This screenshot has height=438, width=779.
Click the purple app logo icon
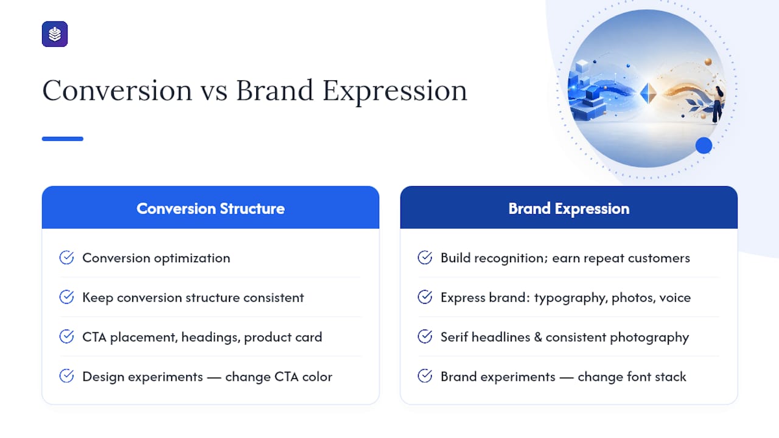55,34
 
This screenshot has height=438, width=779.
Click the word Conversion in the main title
117,91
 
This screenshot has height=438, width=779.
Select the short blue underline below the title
63,139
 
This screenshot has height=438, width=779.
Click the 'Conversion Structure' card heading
211,209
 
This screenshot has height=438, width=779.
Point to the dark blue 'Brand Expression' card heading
568,209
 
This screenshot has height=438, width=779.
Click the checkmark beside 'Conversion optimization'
66,257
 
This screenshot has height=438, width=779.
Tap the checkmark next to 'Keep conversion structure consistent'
66,297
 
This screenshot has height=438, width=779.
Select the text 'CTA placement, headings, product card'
202,337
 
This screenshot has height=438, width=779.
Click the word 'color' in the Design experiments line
317,377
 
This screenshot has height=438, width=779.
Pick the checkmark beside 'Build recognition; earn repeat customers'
425,257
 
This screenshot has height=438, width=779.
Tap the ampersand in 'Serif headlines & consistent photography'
537,337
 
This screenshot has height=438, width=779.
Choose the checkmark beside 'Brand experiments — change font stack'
425,376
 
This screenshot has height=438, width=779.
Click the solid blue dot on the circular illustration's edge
704,145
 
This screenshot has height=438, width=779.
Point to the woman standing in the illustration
718,104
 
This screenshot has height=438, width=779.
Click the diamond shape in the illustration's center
648,93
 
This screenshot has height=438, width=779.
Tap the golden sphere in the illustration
708,62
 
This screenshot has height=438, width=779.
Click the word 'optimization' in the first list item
192,259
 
